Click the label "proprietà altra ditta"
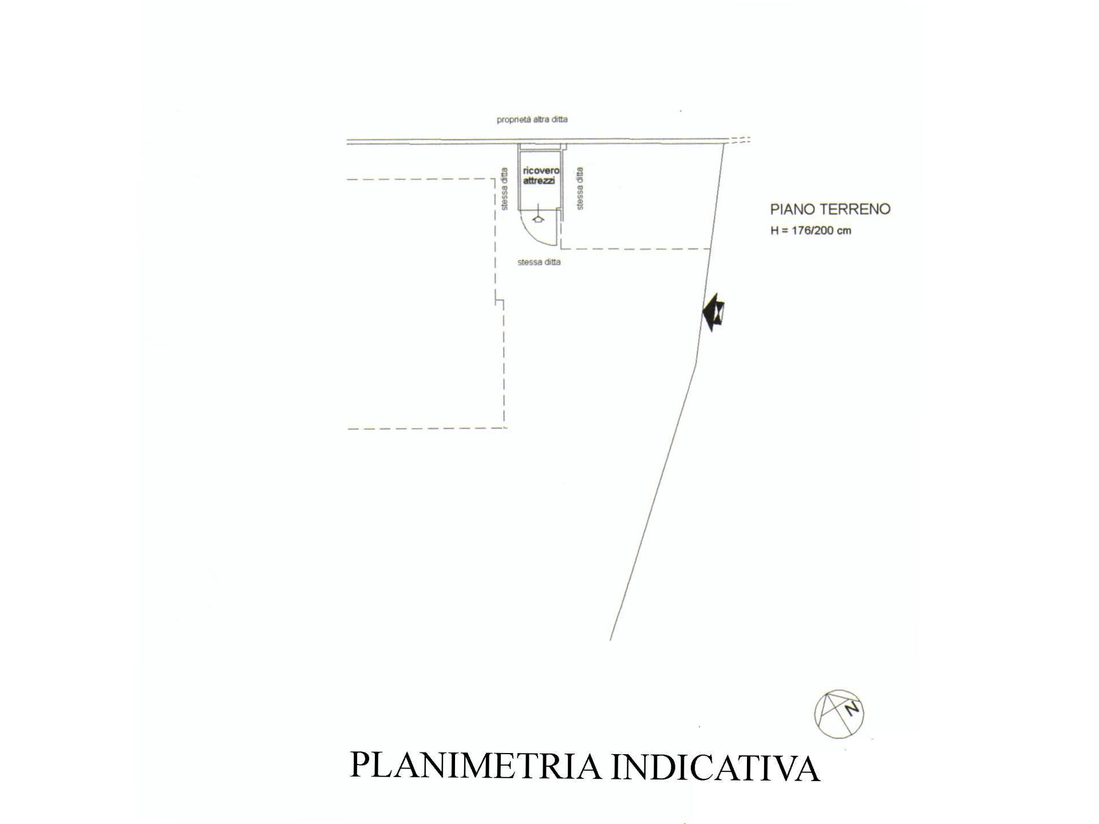pos(532,120)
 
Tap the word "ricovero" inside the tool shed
pos(540,171)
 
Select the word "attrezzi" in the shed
pos(539,181)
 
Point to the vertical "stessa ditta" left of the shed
pos(504,189)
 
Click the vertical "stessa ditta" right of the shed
pos(580,189)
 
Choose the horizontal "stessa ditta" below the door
pos(539,262)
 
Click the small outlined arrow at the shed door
pos(537,219)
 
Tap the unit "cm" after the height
pos(844,231)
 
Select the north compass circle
pos(839,714)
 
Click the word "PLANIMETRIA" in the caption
pos(475,766)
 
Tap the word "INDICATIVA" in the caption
pos(715,767)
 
